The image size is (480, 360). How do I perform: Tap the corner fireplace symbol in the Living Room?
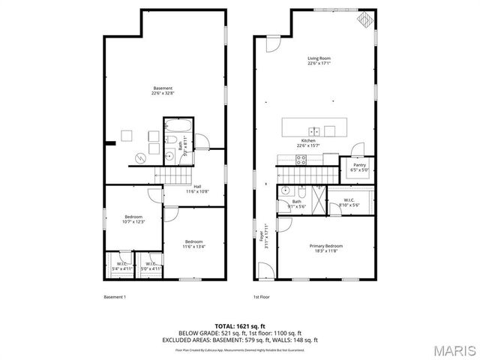(364, 19)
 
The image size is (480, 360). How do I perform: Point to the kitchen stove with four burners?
(301, 159)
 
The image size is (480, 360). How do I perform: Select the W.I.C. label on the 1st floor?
(349, 201)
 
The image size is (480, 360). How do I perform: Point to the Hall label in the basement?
(197, 189)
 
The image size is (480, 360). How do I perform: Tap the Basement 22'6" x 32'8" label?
(163, 91)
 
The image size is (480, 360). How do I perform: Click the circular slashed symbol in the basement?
(140, 157)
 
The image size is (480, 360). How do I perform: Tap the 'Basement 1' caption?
(114, 297)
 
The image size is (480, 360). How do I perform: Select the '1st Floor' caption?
(262, 297)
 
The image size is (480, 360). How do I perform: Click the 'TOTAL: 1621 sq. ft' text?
(240, 326)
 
